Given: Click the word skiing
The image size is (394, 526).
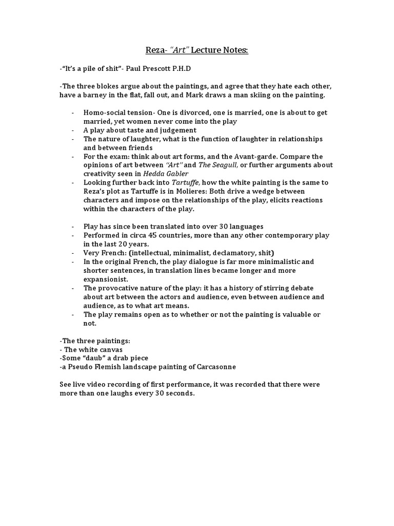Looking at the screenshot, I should pyautogui.click(x=272, y=96).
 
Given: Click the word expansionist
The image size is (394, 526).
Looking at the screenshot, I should pyautogui.click(x=106, y=278).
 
